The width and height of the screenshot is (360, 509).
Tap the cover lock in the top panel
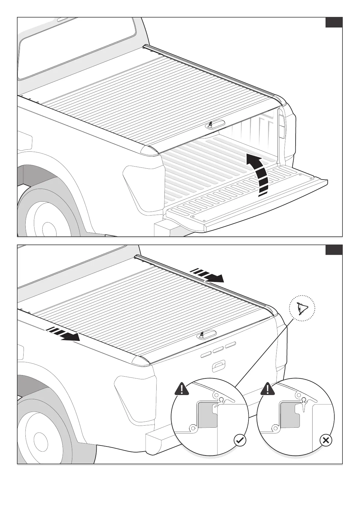point(211,125)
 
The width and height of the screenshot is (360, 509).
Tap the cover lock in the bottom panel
point(202,335)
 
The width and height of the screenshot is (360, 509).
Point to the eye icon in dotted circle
point(302,308)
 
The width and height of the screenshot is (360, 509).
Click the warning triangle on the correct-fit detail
point(182,389)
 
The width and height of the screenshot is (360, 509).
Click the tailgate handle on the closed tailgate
point(218,366)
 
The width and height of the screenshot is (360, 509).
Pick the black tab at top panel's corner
point(334,22)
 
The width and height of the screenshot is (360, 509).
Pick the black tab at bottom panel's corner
point(334,250)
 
